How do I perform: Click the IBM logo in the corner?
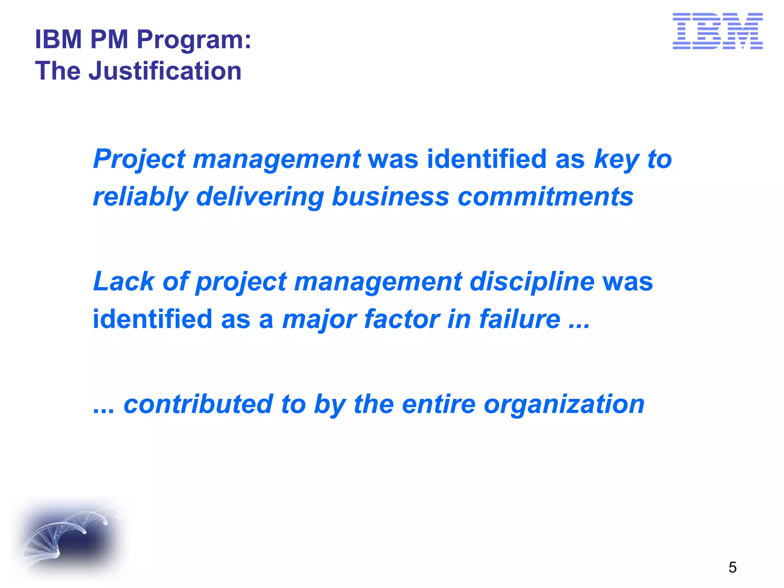717,31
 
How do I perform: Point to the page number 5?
732,567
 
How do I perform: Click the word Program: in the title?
194,40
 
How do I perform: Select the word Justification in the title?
165,71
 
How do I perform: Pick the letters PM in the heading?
109,39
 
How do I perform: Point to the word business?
390,197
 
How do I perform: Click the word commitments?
546,197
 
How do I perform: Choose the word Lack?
123,282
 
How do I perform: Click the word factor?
401,319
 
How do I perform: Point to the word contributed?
198,404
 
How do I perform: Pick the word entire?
439,404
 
